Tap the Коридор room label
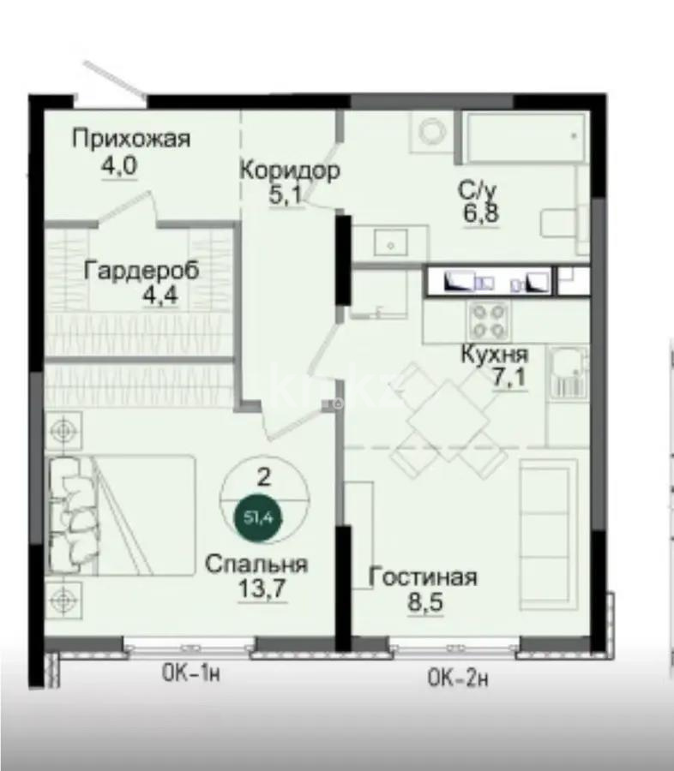(x=289, y=170)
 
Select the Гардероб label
(x=141, y=271)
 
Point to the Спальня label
(x=256, y=565)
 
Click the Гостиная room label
(x=422, y=577)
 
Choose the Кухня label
(x=494, y=354)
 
